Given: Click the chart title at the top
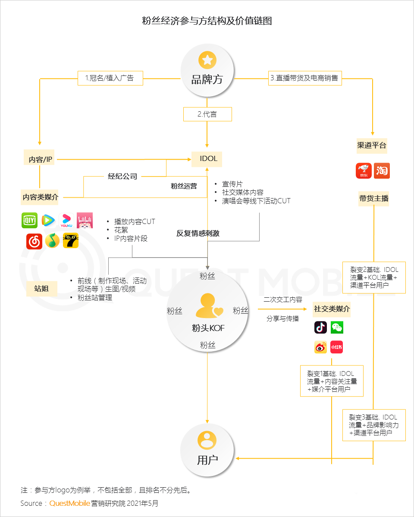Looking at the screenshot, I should coord(207,21).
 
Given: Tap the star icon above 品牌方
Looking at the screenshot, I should coord(207,60).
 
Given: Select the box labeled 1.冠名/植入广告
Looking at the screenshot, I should coord(110,78).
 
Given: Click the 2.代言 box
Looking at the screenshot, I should coord(207,114).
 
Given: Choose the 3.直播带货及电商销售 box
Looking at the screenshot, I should coord(305,78).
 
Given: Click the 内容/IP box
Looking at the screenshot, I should coord(40,159).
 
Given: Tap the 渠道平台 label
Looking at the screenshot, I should coord(372,145).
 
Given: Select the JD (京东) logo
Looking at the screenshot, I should coord(364,171).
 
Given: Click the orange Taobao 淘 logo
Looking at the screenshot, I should coord(382,171).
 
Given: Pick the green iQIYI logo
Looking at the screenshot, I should coord(30,221).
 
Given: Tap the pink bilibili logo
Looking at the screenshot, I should coord(85,221).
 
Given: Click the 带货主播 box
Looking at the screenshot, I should coord(373,199).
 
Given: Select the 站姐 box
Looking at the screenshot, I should coord(41,289).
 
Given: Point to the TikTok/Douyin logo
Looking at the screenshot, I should coord(320,328).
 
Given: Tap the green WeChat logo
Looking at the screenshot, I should coord(337,328).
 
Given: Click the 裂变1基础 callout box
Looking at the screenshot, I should coord(332,381).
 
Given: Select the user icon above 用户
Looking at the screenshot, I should coord(207,440).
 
